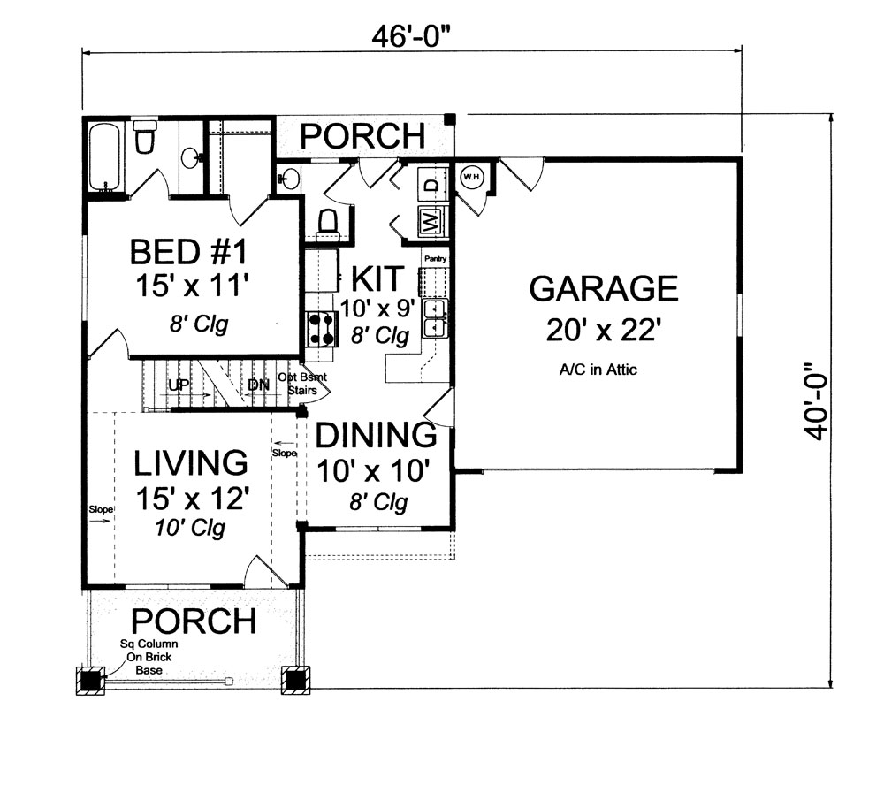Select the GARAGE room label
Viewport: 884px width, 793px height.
click(x=603, y=289)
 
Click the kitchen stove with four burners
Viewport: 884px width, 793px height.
click(x=322, y=328)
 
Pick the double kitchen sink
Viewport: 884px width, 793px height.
click(x=435, y=318)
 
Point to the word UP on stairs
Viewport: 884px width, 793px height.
click(x=178, y=385)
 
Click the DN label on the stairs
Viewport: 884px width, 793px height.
click(x=258, y=385)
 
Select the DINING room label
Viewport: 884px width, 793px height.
click(x=377, y=435)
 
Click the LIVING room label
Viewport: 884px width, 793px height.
click(x=190, y=461)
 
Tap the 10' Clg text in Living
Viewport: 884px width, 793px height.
click(x=192, y=529)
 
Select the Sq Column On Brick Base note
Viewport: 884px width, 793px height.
click(x=149, y=658)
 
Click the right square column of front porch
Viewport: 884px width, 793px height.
click(x=293, y=679)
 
